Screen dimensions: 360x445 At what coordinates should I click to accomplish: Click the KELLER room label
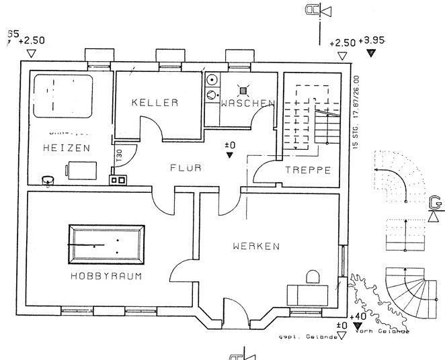click(155, 103)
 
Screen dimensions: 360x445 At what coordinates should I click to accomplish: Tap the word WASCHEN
click(247, 103)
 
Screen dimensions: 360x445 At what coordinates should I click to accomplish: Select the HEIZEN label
click(65, 147)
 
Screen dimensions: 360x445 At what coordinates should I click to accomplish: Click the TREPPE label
click(308, 170)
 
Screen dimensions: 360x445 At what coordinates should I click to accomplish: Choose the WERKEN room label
click(255, 246)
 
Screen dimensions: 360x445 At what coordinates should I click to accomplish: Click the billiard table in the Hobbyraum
click(107, 242)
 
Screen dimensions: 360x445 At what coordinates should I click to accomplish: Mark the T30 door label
click(118, 154)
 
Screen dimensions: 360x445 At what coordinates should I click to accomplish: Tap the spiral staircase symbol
click(407, 287)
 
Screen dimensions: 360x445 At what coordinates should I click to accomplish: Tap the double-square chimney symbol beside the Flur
click(118, 179)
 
